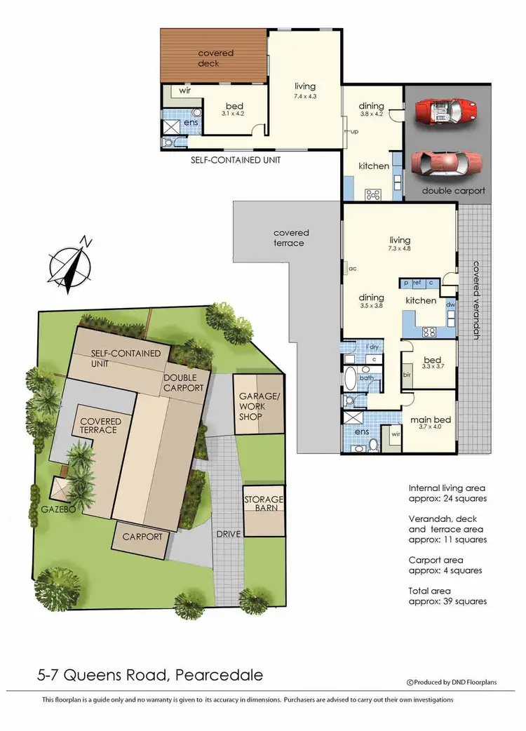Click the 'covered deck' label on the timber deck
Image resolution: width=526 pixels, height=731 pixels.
click(215, 58)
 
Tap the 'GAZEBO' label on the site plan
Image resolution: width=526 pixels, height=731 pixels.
click(58, 509)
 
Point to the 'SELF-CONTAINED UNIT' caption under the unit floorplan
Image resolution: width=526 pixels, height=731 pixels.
click(236, 160)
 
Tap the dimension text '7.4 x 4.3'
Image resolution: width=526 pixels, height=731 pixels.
click(304, 96)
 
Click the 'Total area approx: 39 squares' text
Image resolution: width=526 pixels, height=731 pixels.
click(447, 596)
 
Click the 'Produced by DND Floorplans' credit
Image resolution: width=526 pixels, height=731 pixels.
click(447, 681)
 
